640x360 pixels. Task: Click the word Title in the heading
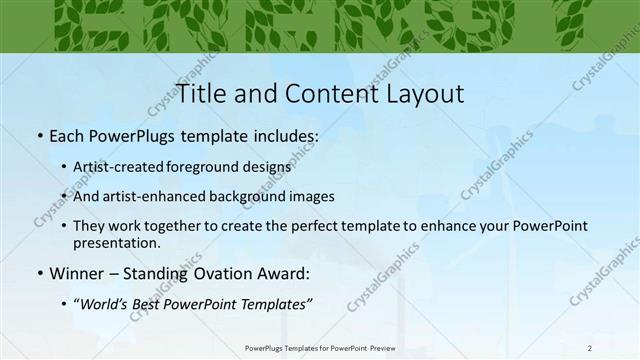(x=201, y=93)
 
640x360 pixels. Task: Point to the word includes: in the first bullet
(x=283, y=135)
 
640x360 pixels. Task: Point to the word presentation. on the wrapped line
(x=116, y=243)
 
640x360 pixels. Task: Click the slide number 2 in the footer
(x=590, y=348)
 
